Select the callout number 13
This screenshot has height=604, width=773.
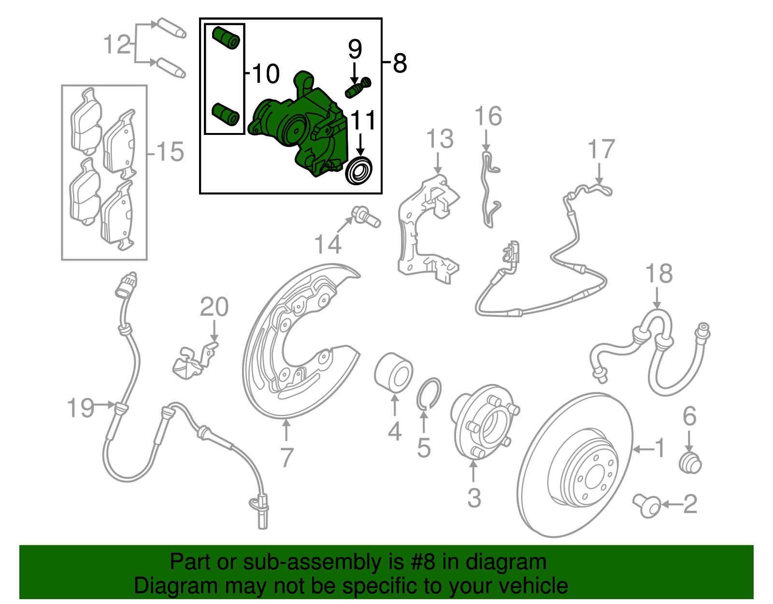(x=440, y=139)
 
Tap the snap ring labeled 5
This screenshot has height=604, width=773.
(x=429, y=393)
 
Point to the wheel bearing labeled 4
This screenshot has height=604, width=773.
(x=393, y=372)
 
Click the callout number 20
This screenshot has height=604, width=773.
(x=214, y=307)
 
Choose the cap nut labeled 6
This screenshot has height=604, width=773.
(x=690, y=463)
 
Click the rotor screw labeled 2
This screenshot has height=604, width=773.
(x=647, y=505)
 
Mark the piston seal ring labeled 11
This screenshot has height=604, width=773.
(x=359, y=170)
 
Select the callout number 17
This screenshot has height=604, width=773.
(x=601, y=149)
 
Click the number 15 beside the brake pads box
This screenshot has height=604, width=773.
(x=170, y=152)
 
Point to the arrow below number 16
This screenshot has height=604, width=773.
(x=486, y=141)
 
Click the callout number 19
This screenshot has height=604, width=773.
(x=80, y=408)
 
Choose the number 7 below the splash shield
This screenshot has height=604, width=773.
(x=286, y=457)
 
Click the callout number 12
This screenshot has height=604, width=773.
(x=117, y=44)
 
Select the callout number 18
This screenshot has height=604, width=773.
(x=659, y=274)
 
